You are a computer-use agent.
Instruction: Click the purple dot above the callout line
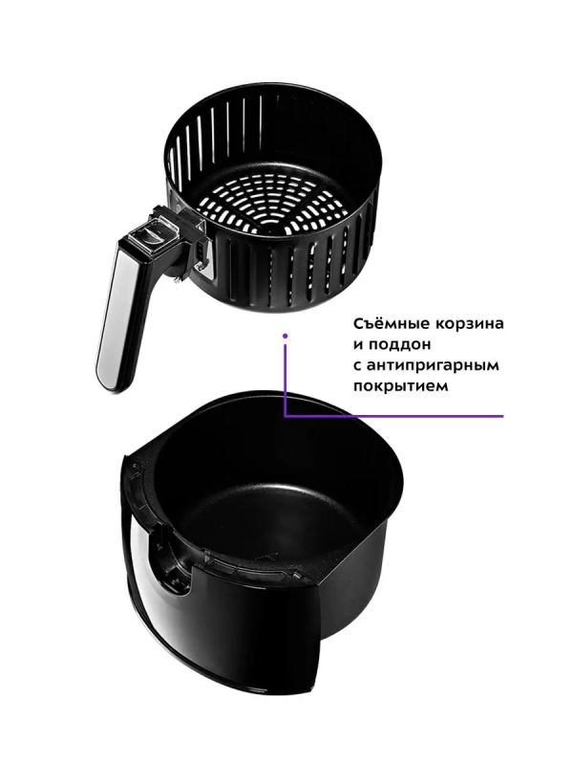284,336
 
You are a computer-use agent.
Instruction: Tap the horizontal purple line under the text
401,416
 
